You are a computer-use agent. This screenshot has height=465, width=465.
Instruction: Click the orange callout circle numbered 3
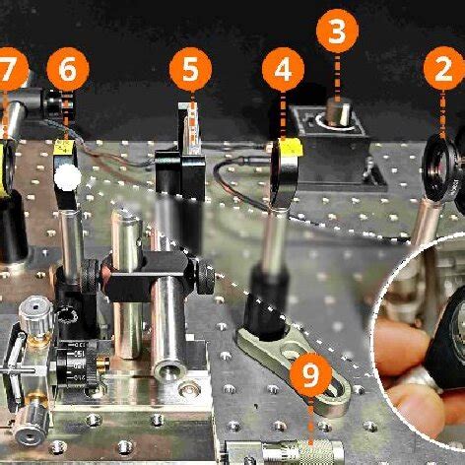click(337, 31)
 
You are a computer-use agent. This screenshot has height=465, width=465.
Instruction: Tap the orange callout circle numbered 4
click(283, 69)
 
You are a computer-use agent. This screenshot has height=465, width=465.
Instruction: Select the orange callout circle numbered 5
click(190, 69)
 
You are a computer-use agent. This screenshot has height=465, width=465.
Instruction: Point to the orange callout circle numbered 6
click(68, 69)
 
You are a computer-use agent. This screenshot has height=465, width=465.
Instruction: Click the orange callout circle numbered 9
click(310, 374)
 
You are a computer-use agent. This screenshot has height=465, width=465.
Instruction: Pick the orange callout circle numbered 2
click(444, 69)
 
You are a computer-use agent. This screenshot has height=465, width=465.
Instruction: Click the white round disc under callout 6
click(68, 177)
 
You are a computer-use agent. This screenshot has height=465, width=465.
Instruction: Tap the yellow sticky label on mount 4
click(291, 147)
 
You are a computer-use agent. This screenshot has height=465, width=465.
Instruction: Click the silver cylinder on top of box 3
click(339, 111)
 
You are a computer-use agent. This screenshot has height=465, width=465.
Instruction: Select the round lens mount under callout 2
click(439, 168)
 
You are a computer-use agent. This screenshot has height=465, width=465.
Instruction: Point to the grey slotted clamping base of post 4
click(294, 365)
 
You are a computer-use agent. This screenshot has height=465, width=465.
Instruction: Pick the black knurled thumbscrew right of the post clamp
click(206, 278)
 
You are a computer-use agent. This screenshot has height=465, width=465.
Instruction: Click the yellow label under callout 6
click(63, 147)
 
